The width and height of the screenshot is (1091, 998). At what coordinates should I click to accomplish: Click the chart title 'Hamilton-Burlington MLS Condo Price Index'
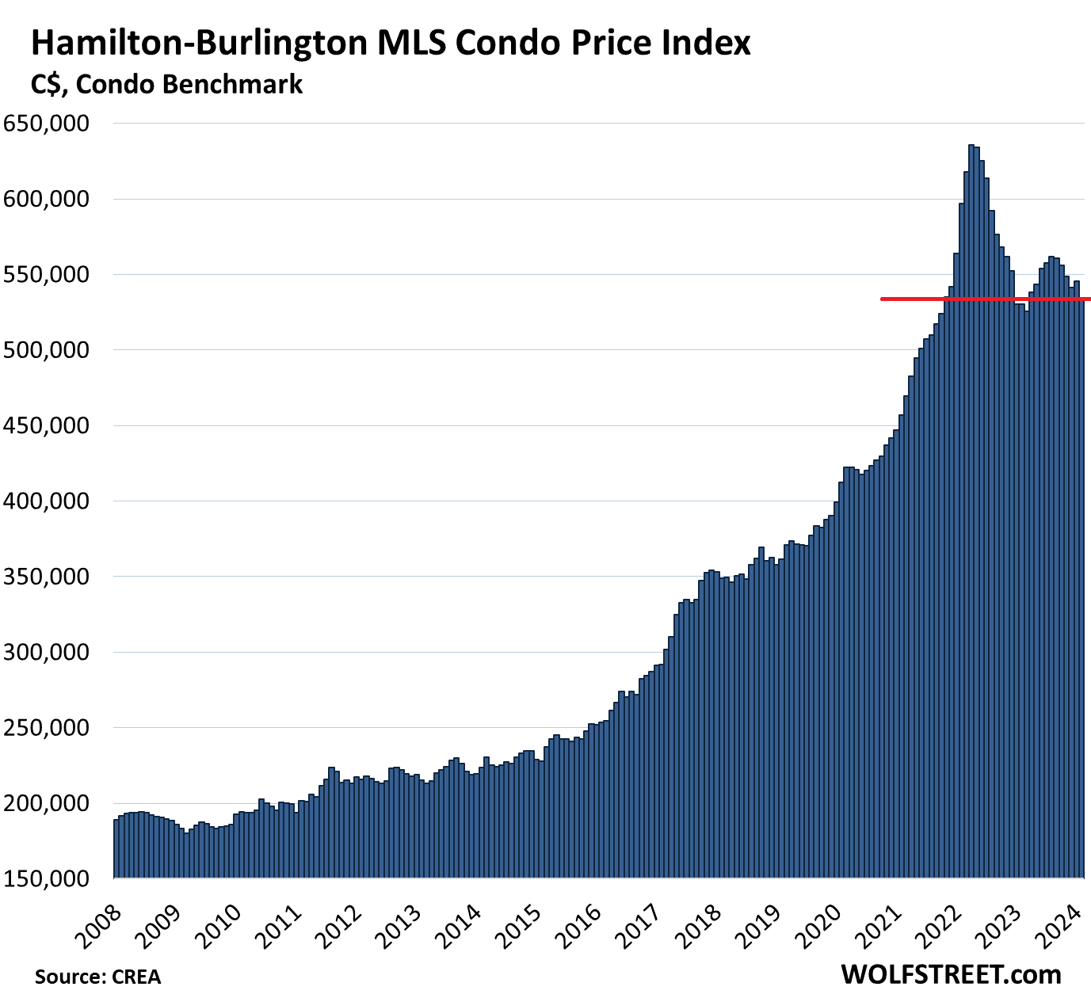(x=390, y=44)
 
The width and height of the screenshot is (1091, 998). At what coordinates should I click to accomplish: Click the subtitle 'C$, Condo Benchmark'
(x=166, y=85)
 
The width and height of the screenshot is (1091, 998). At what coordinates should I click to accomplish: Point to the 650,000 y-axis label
(x=46, y=124)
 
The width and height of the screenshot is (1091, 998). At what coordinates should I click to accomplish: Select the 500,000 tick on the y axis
(x=46, y=350)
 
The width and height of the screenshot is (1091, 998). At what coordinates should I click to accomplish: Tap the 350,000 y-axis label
(x=46, y=577)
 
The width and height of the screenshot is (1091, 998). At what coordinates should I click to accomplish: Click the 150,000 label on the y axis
(x=46, y=878)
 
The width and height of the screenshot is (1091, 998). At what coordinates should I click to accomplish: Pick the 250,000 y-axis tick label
(x=46, y=728)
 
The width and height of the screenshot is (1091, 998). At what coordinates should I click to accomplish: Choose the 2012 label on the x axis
(x=341, y=924)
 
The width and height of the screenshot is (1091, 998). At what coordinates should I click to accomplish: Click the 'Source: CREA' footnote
(x=97, y=977)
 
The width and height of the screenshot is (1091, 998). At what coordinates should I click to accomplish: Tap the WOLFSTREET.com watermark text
(x=951, y=974)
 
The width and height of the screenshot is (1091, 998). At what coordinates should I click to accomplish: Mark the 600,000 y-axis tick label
(x=46, y=199)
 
